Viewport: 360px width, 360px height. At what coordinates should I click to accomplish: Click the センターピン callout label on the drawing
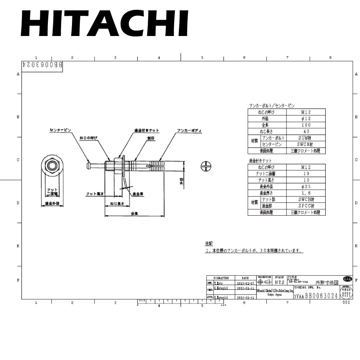(x=60, y=129)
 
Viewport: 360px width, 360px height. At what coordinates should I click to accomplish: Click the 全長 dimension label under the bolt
(x=135, y=213)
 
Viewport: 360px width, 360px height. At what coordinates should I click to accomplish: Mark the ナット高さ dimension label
(x=95, y=194)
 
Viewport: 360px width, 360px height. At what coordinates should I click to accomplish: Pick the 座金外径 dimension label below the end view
(x=52, y=203)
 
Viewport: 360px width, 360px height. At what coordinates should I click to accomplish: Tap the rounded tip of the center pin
(x=89, y=165)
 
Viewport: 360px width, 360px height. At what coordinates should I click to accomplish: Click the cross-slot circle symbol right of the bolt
(x=206, y=166)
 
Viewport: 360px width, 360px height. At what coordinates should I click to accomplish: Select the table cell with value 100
(x=306, y=125)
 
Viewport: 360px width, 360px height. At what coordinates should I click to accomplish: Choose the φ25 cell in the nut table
(x=306, y=186)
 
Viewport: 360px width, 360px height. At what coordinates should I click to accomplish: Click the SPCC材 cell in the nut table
(x=306, y=206)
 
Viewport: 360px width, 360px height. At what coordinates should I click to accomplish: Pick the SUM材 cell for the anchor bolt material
(x=306, y=138)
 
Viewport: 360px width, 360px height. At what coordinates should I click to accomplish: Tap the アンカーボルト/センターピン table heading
(x=271, y=106)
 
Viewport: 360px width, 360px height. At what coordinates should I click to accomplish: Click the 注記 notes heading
(x=209, y=243)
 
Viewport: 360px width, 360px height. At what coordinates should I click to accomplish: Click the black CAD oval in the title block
(x=347, y=279)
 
